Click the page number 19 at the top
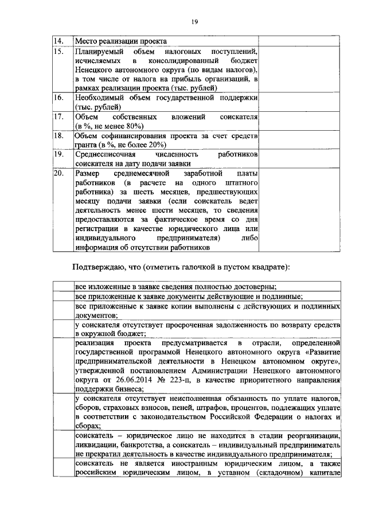pyautogui.click(x=194, y=21)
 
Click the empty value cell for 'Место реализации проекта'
pyautogui.click(x=287, y=41)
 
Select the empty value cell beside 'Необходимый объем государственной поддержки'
pyautogui.click(x=287, y=103)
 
